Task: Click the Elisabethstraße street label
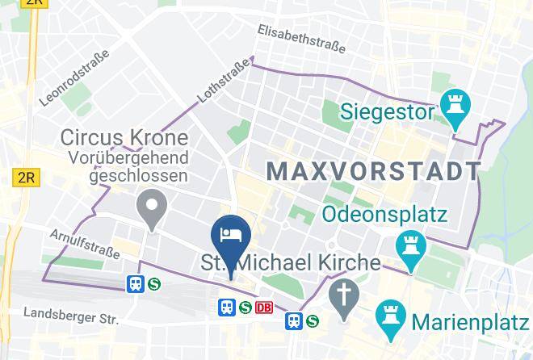click(301, 39)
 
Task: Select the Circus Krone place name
click(124, 138)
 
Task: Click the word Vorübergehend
click(128, 157)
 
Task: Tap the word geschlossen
click(138, 175)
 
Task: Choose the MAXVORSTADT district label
click(373, 171)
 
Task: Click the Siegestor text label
click(387, 112)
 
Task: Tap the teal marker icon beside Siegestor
click(455, 107)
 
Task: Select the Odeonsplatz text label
click(385, 215)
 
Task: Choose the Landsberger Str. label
click(71, 315)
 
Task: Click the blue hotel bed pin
click(231, 235)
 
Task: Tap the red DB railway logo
click(263, 308)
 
